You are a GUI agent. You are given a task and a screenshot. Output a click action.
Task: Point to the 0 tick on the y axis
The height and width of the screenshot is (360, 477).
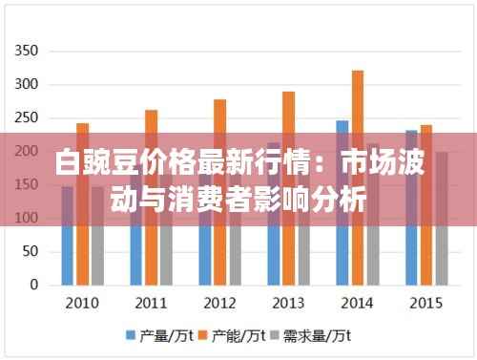[33, 285]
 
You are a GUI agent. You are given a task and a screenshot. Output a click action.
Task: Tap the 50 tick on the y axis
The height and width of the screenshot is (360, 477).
[30, 251]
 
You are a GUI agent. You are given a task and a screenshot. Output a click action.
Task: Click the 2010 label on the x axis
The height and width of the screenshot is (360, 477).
[82, 304]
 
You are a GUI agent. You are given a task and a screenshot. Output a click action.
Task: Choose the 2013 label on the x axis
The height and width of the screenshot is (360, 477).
[288, 304]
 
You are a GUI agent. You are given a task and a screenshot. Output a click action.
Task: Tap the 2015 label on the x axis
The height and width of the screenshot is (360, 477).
[425, 304]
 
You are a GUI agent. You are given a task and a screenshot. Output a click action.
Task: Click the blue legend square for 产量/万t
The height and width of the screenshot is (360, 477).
[131, 336]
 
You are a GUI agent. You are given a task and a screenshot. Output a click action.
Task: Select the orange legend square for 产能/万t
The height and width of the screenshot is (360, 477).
[205, 336]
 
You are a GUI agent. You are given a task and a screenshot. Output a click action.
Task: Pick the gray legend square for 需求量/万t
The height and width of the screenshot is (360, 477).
[280, 336]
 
